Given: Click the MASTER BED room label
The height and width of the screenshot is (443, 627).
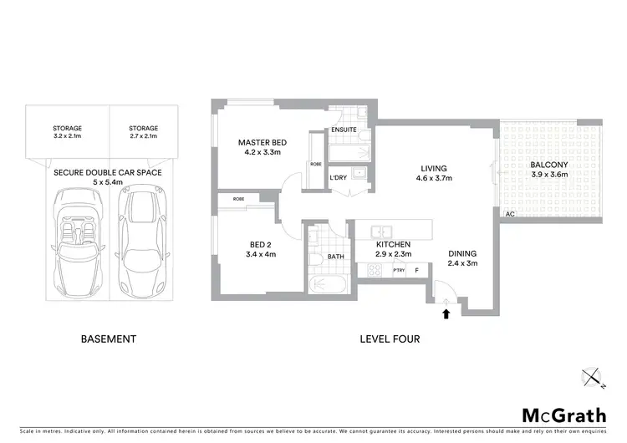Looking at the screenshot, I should (262, 142).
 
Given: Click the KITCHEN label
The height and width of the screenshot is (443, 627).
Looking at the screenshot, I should (392, 243).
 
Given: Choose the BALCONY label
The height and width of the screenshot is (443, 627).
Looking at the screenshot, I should (549, 165).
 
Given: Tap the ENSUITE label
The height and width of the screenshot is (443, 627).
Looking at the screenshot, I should (344, 130).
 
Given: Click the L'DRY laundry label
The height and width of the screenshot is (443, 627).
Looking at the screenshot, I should (338, 177).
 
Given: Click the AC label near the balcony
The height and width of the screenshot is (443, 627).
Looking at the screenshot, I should (508, 215).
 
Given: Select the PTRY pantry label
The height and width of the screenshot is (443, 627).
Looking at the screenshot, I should (398, 270).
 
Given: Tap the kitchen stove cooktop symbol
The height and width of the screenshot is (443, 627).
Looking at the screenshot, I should (374, 270).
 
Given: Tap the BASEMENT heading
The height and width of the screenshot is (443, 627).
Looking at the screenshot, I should (108, 339).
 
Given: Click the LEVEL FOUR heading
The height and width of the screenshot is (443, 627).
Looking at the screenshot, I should (390, 339).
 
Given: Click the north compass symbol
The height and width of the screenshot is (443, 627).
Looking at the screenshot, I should (593, 379).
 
